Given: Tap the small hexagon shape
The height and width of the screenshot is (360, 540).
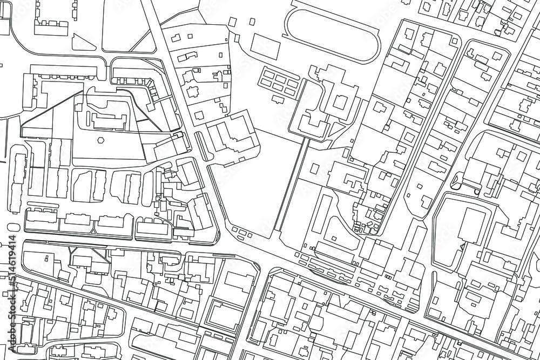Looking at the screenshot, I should pos(100,139).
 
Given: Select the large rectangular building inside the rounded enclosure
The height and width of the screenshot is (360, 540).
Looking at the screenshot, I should pos(469,227).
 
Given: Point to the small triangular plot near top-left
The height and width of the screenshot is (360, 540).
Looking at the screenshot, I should pos(81,42).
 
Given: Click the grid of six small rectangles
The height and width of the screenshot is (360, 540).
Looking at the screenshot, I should pos(279,81).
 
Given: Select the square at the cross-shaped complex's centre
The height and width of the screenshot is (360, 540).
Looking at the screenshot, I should pos(340,102).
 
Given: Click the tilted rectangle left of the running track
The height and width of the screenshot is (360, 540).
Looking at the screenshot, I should pos(264,44).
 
